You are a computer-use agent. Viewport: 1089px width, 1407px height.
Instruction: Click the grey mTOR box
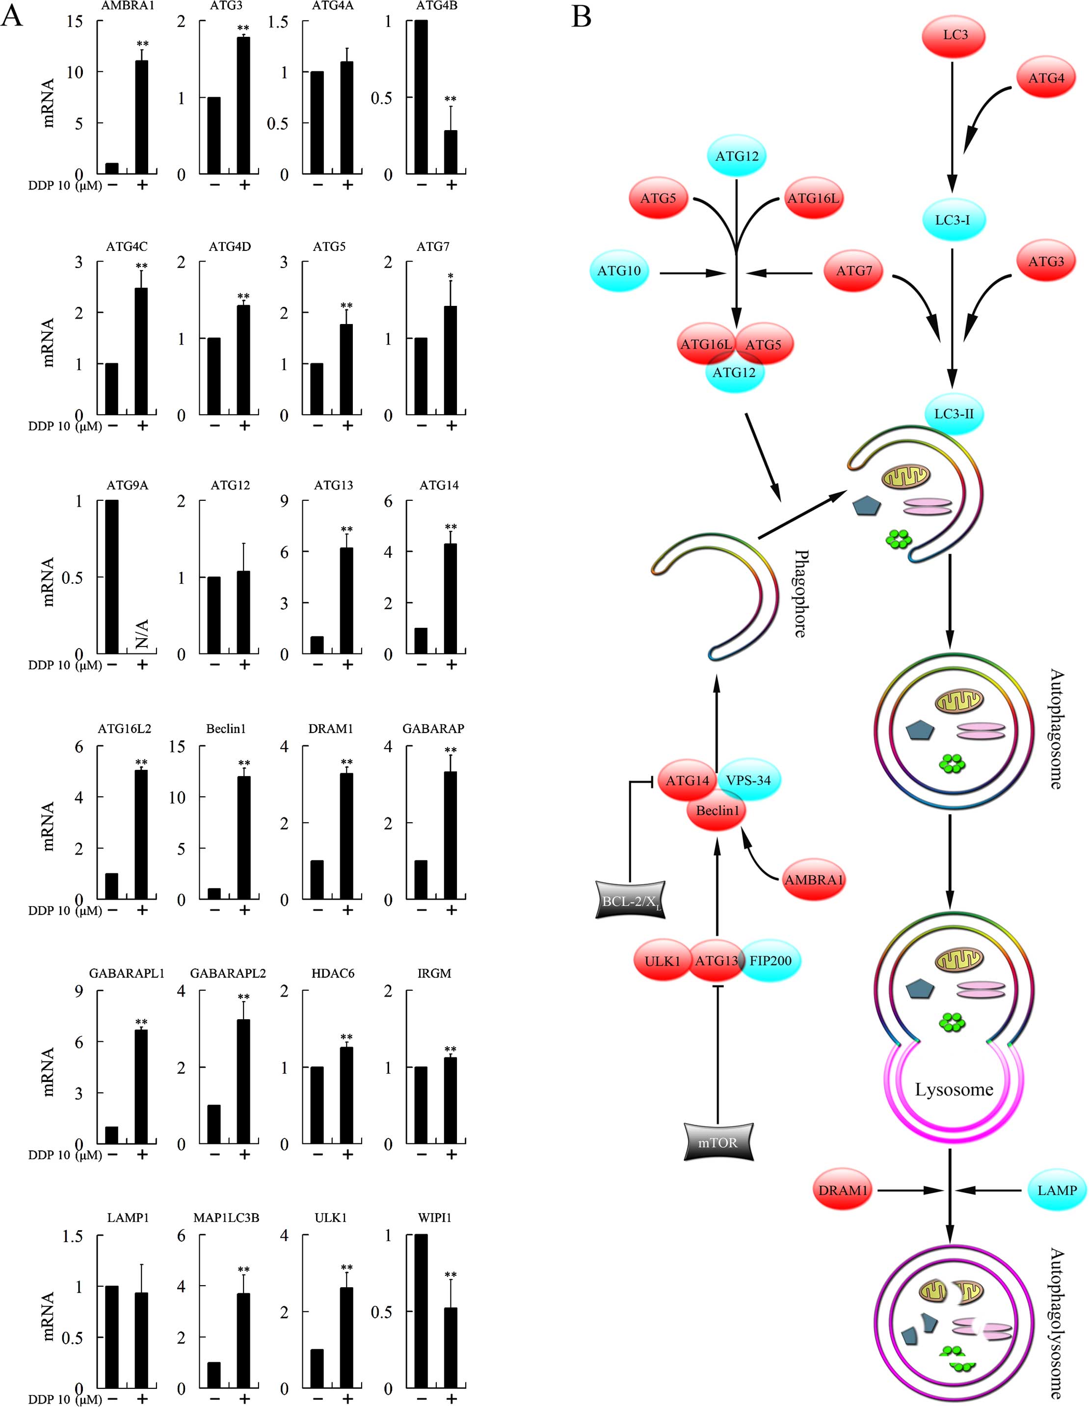click(x=717, y=1143)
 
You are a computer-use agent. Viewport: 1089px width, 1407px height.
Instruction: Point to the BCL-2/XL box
click(x=629, y=900)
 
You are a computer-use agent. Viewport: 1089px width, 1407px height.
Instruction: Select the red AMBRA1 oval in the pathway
click(x=813, y=879)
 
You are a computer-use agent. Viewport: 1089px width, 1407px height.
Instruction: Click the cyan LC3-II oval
click(x=953, y=413)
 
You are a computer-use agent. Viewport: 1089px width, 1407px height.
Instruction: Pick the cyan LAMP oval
click(x=1057, y=1191)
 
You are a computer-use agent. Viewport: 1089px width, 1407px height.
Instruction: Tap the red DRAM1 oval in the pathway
click(x=842, y=1191)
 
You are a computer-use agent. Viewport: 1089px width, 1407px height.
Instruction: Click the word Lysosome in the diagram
click(x=954, y=1089)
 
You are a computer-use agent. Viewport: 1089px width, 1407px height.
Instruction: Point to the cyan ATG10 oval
click(x=619, y=271)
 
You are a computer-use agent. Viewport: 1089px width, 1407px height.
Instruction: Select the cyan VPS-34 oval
click(x=748, y=780)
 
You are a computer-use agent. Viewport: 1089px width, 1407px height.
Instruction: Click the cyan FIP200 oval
click(x=770, y=961)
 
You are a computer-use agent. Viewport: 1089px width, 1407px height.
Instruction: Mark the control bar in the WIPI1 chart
click(x=421, y=1312)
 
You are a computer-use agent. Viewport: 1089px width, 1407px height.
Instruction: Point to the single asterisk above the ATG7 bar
click(x=451, y=277)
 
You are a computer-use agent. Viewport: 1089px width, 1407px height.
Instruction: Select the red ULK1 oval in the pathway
click(x=662, y=961)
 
